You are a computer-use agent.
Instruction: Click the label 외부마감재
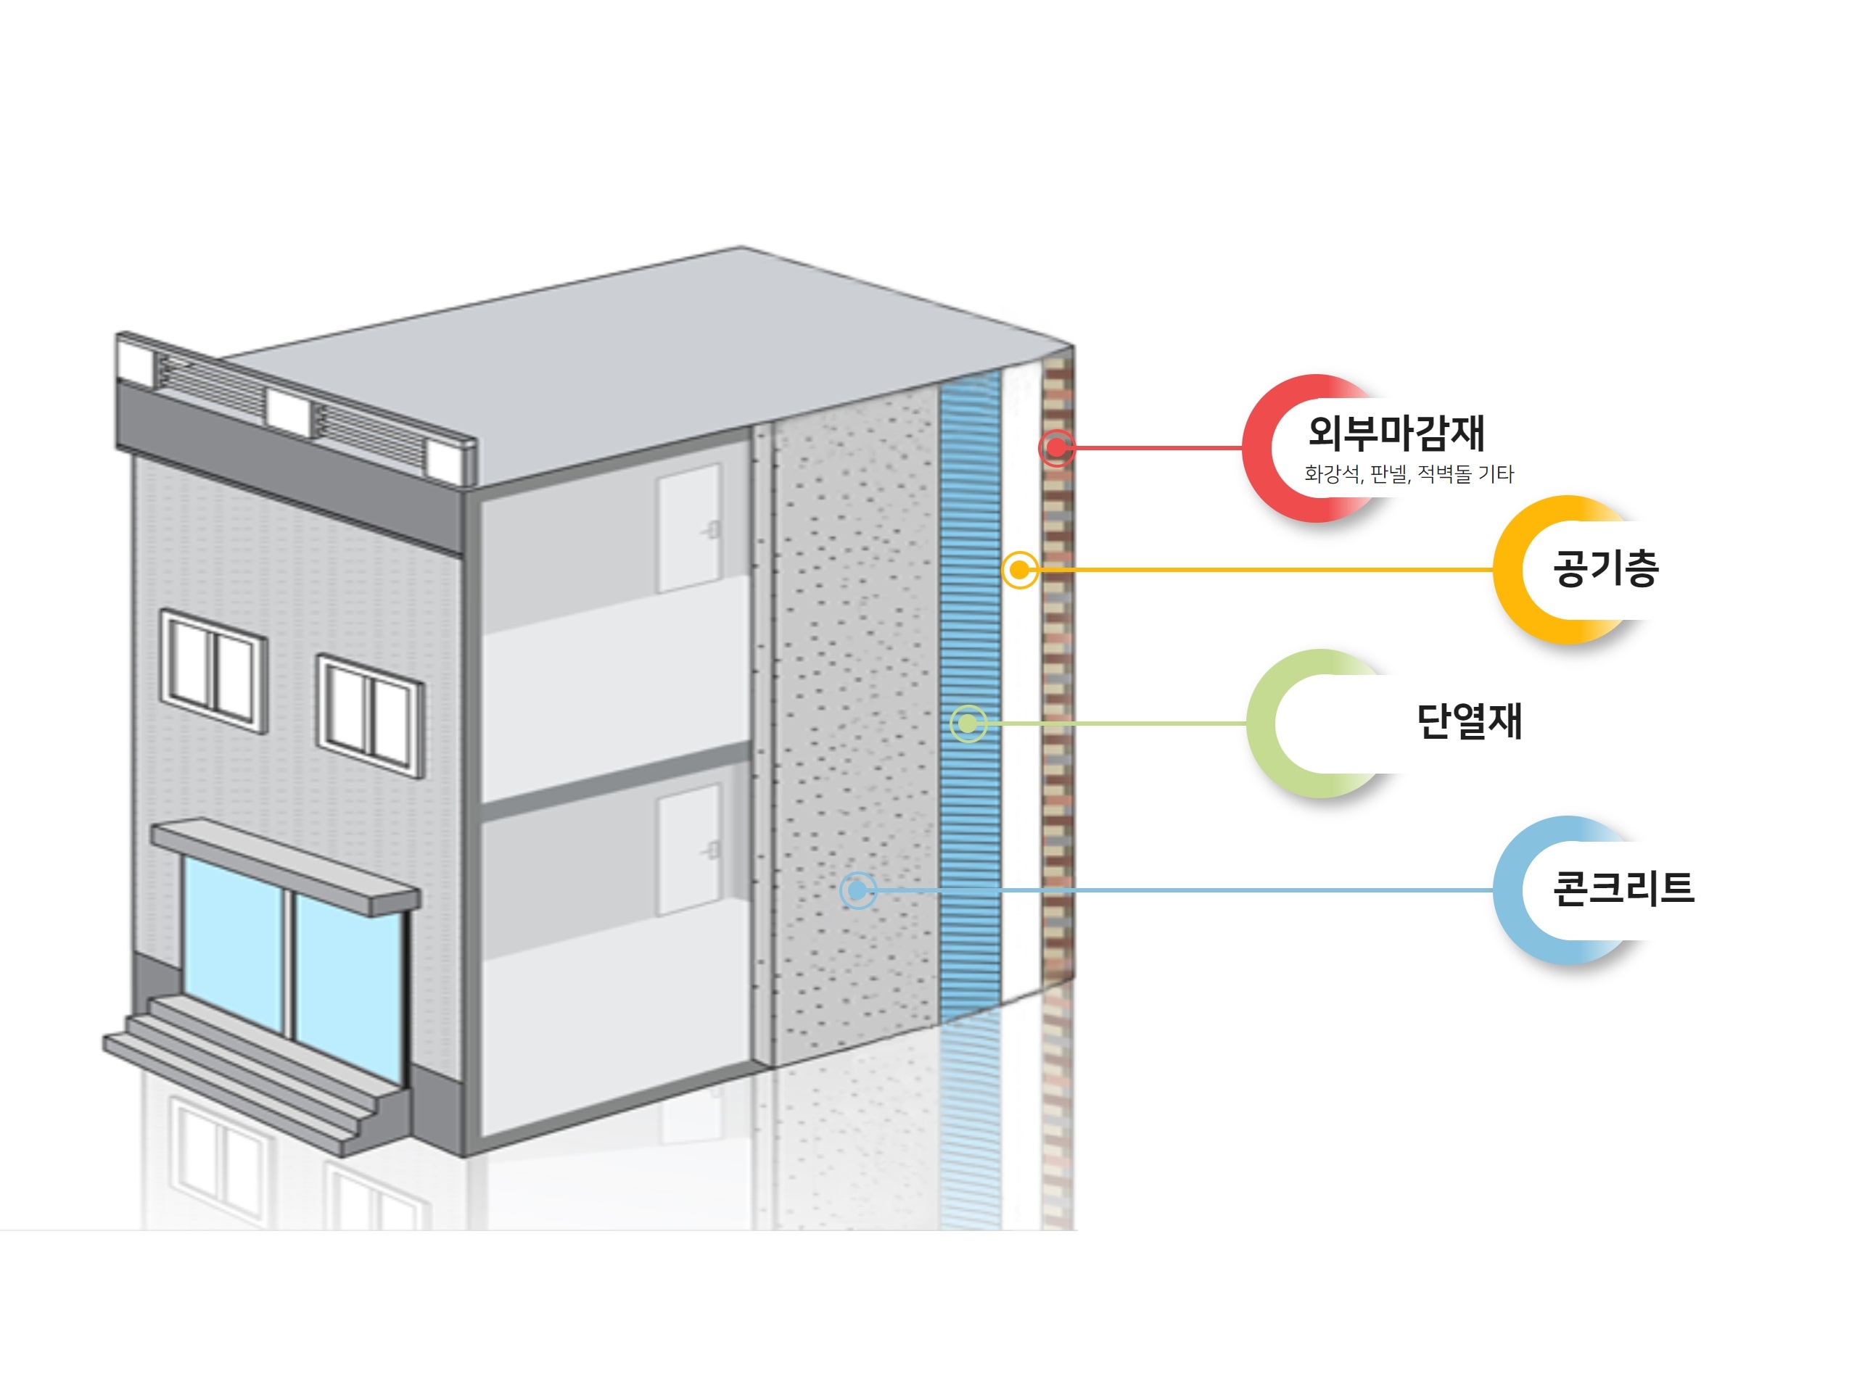(1396, 432)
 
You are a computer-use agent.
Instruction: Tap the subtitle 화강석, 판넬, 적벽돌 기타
(1408, 474)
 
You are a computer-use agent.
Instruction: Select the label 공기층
(1605, 568)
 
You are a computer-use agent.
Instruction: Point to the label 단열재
(1468, 721)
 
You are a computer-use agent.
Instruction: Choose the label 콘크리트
(1623, 887)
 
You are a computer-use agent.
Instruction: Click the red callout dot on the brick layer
(1056, 448)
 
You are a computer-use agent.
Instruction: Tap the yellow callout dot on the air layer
(1019, 571)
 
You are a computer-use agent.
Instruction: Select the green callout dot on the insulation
(967, 724)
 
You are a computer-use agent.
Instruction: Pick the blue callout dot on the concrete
(857, 890)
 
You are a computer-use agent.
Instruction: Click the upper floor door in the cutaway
(688, 529)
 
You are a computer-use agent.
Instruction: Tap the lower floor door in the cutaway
(688, 849)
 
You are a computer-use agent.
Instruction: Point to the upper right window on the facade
(369, 716)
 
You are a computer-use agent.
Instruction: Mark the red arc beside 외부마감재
(1259, 449)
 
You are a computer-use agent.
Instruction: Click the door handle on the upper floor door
(713, 529)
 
